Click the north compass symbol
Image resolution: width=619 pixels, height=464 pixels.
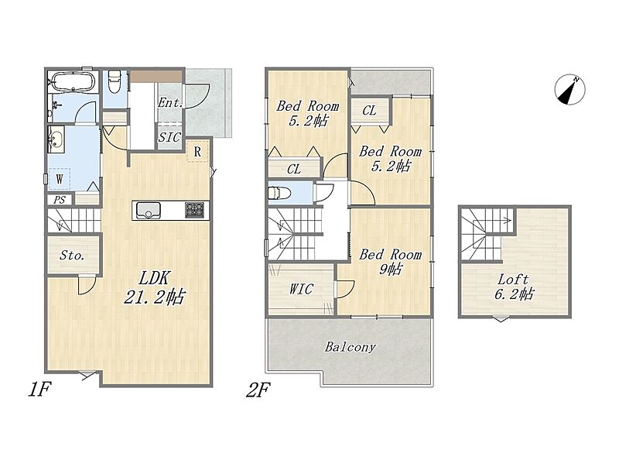[569, 90]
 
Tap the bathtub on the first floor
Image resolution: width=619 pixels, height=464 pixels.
[73, 82]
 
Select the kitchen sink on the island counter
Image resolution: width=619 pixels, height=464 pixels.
[149, 210]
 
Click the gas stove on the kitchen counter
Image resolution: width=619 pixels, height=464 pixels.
[195, 210]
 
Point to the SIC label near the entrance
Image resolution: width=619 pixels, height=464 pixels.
[169, 138]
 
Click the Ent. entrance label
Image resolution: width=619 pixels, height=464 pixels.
[170, 103]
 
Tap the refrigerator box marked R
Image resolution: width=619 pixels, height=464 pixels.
[197, 151]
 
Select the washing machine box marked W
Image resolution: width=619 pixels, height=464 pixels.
[60, 179]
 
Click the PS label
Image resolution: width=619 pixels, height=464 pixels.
[60, 200]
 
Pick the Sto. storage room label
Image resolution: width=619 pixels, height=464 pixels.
[72, 256]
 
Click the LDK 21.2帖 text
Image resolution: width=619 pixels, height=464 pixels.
[154, 287]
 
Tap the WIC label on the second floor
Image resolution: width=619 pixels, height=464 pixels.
[301, 289]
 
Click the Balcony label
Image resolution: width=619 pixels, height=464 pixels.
[351, 347]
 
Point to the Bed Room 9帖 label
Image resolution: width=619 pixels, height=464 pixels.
[390, 262]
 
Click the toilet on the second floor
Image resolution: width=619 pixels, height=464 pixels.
[279, 193]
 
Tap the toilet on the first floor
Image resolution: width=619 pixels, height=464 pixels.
[114, 81]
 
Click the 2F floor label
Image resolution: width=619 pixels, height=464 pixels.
[258, 390]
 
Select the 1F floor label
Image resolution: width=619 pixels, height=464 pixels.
[40, 390]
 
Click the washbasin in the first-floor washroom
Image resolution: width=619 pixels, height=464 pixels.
[56, 139]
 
